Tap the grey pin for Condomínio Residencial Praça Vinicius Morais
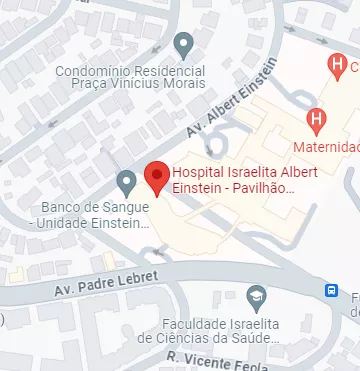click(x=183, y=44)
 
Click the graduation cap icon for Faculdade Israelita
click(x=257, y=296)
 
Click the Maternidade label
click(x=326, y=147)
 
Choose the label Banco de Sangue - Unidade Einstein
click(x=95, y=214)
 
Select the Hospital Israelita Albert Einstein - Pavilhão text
click(x=234, y=179)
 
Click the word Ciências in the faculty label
click(x=208, y=339)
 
